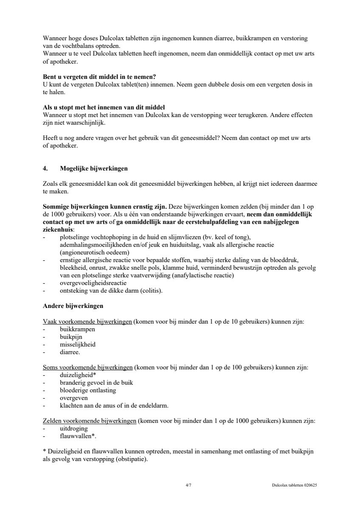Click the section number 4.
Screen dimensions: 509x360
tap(45, 168)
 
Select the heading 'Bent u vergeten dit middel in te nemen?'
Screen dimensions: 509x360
tap(99, 77)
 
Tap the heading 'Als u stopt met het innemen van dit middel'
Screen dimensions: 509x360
tap(104, 107)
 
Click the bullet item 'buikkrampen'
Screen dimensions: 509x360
tap(77, 329)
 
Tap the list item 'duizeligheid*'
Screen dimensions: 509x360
tap(78, 375)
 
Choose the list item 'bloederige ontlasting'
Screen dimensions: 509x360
tap(88, 390)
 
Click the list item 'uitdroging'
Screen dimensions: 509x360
tap(74, 428)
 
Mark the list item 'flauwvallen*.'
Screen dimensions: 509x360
tap(78, 436)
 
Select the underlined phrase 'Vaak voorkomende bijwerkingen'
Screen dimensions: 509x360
tap(87, 322)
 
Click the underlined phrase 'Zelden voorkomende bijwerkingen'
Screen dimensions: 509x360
tap(90, 421)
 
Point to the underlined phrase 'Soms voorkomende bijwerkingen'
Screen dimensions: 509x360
tap(87, 367)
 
